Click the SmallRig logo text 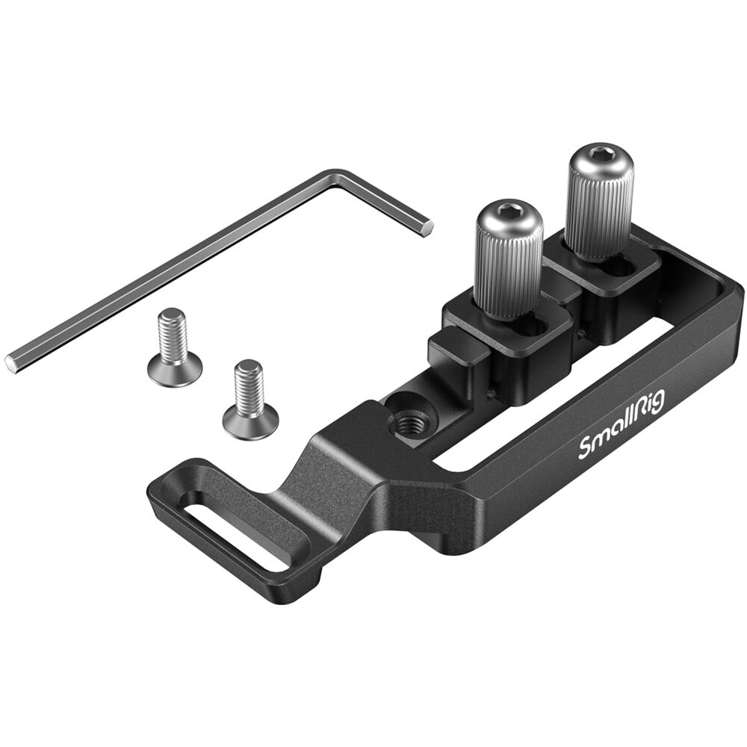point(622,424)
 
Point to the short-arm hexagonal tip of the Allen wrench point(427,228)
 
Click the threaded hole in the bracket point(407,421)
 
